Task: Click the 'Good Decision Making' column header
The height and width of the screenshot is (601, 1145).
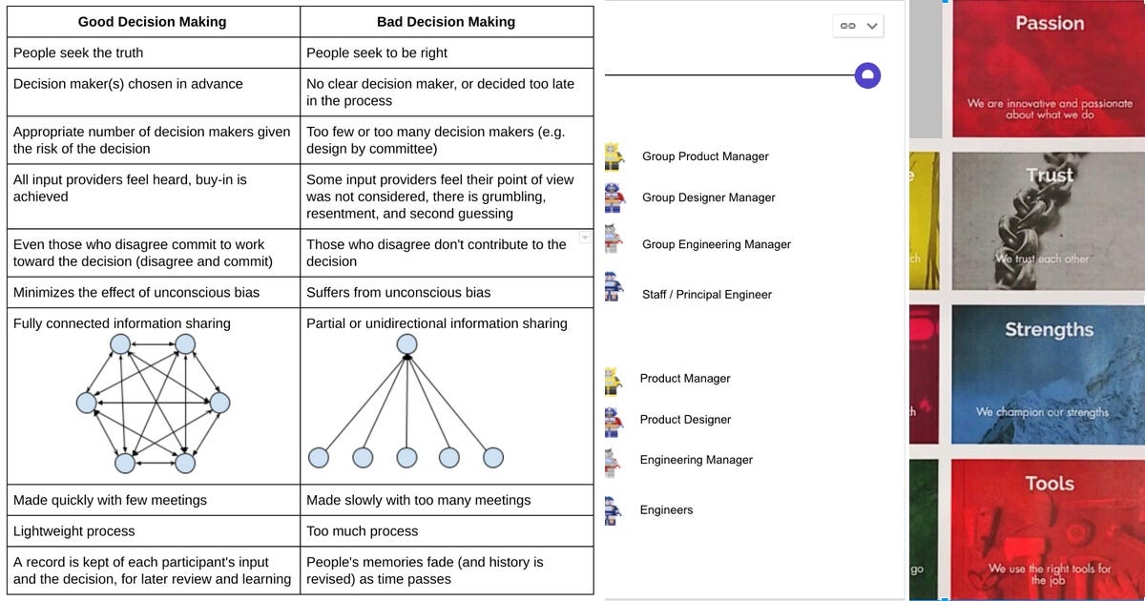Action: pyautogui.click(x=152, y=22)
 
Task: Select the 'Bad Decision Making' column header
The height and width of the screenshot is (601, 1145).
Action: pyautogui.click(x=446, y=22)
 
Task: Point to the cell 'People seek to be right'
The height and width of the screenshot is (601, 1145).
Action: pyautogui.click(x=377, y=52)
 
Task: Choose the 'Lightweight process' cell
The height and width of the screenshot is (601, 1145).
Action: pyautogui.click(x=74, y=530)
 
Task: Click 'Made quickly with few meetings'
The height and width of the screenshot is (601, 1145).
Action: pyautogui.click(x=110, y=500)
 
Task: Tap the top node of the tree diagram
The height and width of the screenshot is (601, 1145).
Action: pyautogui.click(x=406, y=343)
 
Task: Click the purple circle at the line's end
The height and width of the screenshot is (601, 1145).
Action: pyautogui.click(x=867, y=75)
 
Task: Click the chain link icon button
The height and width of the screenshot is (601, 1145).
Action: pyautogui.click(x=846, y=26)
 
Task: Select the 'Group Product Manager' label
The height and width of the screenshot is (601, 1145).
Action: pyautogui.click(x=705, y=156)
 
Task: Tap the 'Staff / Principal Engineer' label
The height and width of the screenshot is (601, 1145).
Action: pyautogui.click(x=706, y=295)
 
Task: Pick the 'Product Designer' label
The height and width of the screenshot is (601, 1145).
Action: pyautogui.click(x=685, y=420)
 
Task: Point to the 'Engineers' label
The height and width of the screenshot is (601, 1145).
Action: pyautogui.click(x=666, y=510)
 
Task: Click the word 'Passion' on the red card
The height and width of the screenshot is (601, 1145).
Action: pyautogui.click(x=1050, y=23)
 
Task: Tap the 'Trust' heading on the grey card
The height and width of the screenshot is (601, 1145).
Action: pyautogui.click(x=1050, y=176)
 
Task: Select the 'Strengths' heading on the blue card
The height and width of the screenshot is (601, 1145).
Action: pyautogui.click(x=1049, y=329)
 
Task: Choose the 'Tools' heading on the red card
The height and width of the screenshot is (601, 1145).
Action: pyautogui.click(x=1050, y=484)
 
